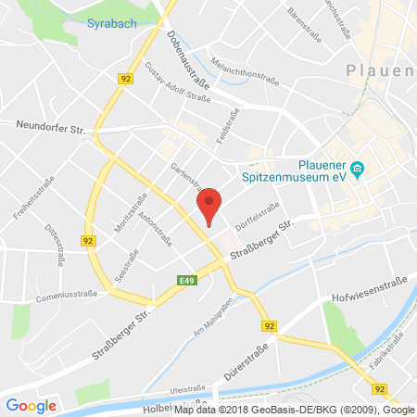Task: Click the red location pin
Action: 210,203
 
